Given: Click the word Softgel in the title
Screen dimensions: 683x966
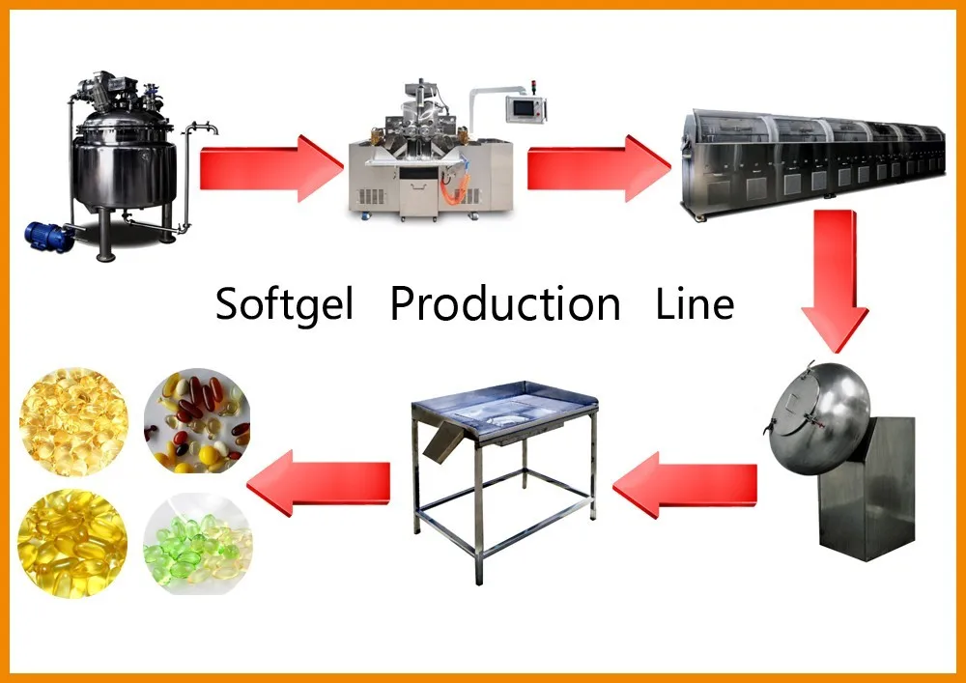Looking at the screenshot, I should click(x=285, y=304).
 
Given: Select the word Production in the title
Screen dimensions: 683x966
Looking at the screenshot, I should click(x=504, y=304).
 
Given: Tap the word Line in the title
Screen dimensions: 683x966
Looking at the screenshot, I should click(x=695, y=304).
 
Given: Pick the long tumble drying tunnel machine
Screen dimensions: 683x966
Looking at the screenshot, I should click(x=811, y=159).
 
